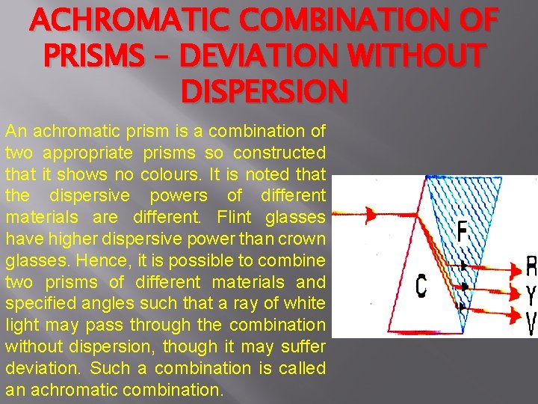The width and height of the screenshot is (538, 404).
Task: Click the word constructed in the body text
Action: pos(279,153)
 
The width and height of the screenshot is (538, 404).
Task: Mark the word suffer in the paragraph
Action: pos(303,346)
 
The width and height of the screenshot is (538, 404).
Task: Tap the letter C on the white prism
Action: pos(421,285)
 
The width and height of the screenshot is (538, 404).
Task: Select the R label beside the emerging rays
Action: pos(531,266)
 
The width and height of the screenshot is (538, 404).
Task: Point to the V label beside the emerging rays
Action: pos(531,323)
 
